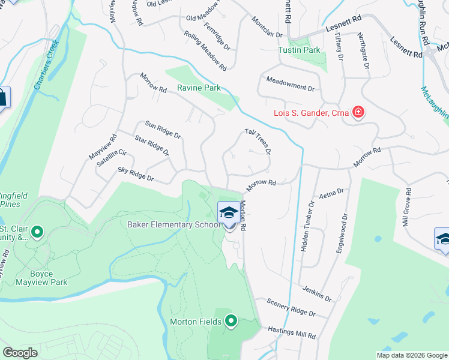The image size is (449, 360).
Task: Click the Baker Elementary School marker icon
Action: [x=228, y=214]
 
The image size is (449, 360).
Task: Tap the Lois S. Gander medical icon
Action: [x=358, y=112]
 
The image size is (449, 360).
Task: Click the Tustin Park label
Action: [x=299, y=50]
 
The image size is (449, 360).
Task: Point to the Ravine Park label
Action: [x=199, y=88]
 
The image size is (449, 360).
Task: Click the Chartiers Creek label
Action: [x=46, y=65]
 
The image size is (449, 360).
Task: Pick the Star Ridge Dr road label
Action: [x=152, y=145]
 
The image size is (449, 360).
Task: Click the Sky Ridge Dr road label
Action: [x=136, y=175]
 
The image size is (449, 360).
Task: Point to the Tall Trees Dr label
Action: [x=258, y=141]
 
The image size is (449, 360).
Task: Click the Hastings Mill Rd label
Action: [x=292, y=331]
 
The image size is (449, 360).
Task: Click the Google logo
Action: [x=20, y=353]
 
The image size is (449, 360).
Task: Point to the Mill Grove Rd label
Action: [x=408, y=208]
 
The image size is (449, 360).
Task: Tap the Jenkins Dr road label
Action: [x=317, y=293]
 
